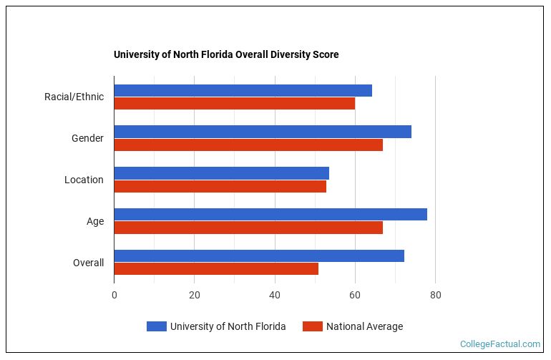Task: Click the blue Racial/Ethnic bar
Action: [x=243, y=90]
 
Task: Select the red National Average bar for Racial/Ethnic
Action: [x=234, y=104]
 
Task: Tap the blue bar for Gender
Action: [x=263, y=132]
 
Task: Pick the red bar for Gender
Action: [x=248, y=145]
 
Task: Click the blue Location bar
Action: [x=221, y=173]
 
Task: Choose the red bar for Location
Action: [x=220, y=187]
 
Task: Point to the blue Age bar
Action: [x=270, y=215]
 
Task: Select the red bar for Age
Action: [x=248, y=228]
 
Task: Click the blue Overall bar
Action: [x=259, y=256]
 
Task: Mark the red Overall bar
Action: [x=216, y=269]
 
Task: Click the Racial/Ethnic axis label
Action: [x=74, y=97]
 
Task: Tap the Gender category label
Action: [x=87, y=138]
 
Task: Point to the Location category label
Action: [x=84, y=180]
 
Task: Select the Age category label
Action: [x=95, y=221]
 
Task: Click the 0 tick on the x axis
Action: [x=114, y=295]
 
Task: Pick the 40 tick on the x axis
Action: [x=275, y=295]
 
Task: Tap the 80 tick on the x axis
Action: [x=435, y=295]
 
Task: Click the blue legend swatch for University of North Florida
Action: [x=156, y=326]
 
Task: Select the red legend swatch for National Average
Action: [x=312, y=326]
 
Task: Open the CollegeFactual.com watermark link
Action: [x=499, y=344]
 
